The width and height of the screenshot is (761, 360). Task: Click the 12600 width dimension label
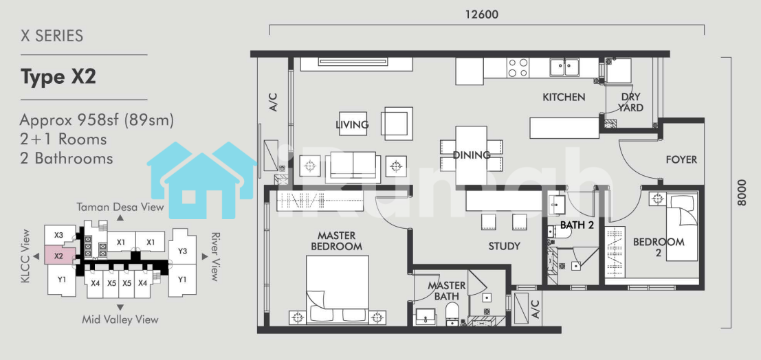(x=481, y=14)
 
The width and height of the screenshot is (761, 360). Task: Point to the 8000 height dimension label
(x=741, y=192)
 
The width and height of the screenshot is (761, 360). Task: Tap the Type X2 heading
(x=58, y=77)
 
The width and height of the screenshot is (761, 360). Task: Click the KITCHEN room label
(x=564, y=97)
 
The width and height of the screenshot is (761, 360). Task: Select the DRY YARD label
(x=630, y=102)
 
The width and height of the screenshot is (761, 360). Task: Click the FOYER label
(x=681, y=159)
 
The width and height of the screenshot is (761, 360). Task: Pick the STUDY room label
(x=505, y=246)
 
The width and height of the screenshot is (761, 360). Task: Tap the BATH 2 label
(x=577, y=225)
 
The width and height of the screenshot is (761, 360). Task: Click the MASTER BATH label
(x=447, y=291)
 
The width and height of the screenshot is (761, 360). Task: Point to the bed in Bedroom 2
(x=682, y=227)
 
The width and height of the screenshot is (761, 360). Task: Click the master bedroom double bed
(x=338, y=289)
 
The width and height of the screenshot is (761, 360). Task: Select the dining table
(x=471, y=155)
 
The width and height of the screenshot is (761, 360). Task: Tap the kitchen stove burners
(x=518, y=67)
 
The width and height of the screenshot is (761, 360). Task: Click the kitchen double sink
(x=564, y=67)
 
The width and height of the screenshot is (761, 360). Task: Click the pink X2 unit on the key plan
(x=60, y=255)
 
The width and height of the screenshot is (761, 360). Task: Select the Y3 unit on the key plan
(x=182, y=251)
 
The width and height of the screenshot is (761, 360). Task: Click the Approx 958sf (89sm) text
(x=96, y=120)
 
